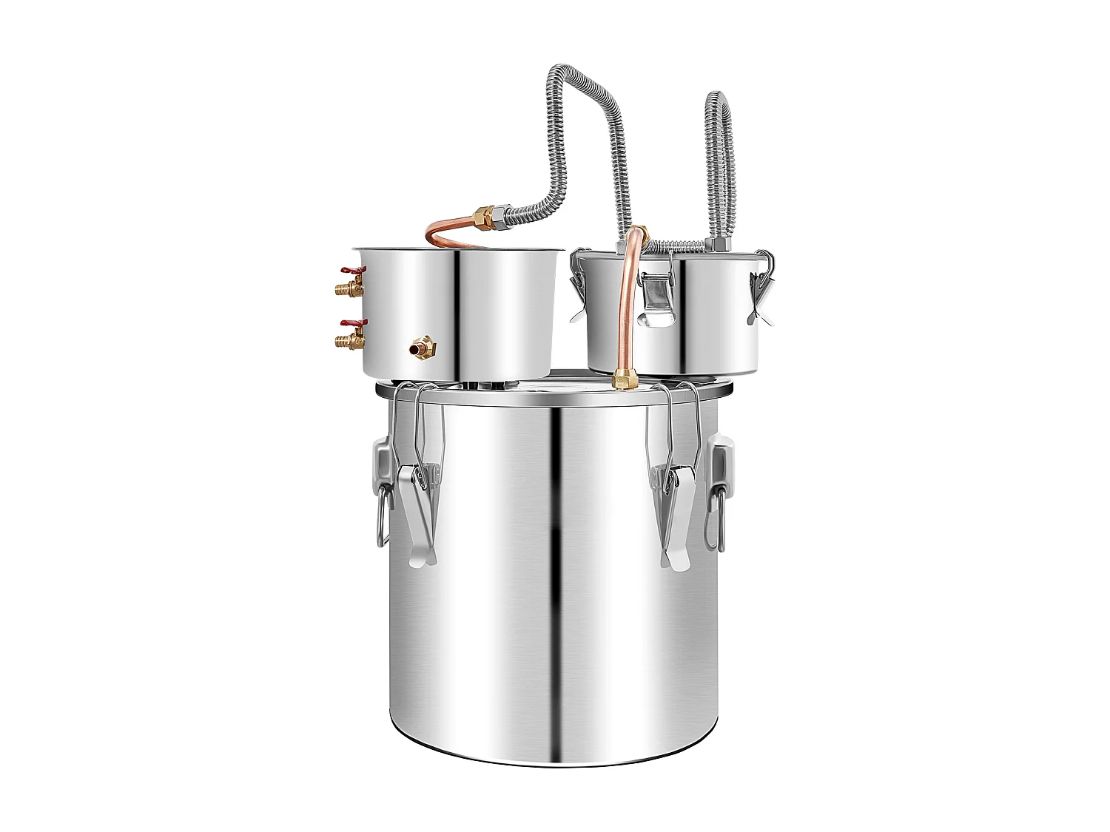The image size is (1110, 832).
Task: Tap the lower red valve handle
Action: tap(345, 324)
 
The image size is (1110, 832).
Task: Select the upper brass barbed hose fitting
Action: tap(345, 287)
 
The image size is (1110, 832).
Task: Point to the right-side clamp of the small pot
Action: tap(759, 296)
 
